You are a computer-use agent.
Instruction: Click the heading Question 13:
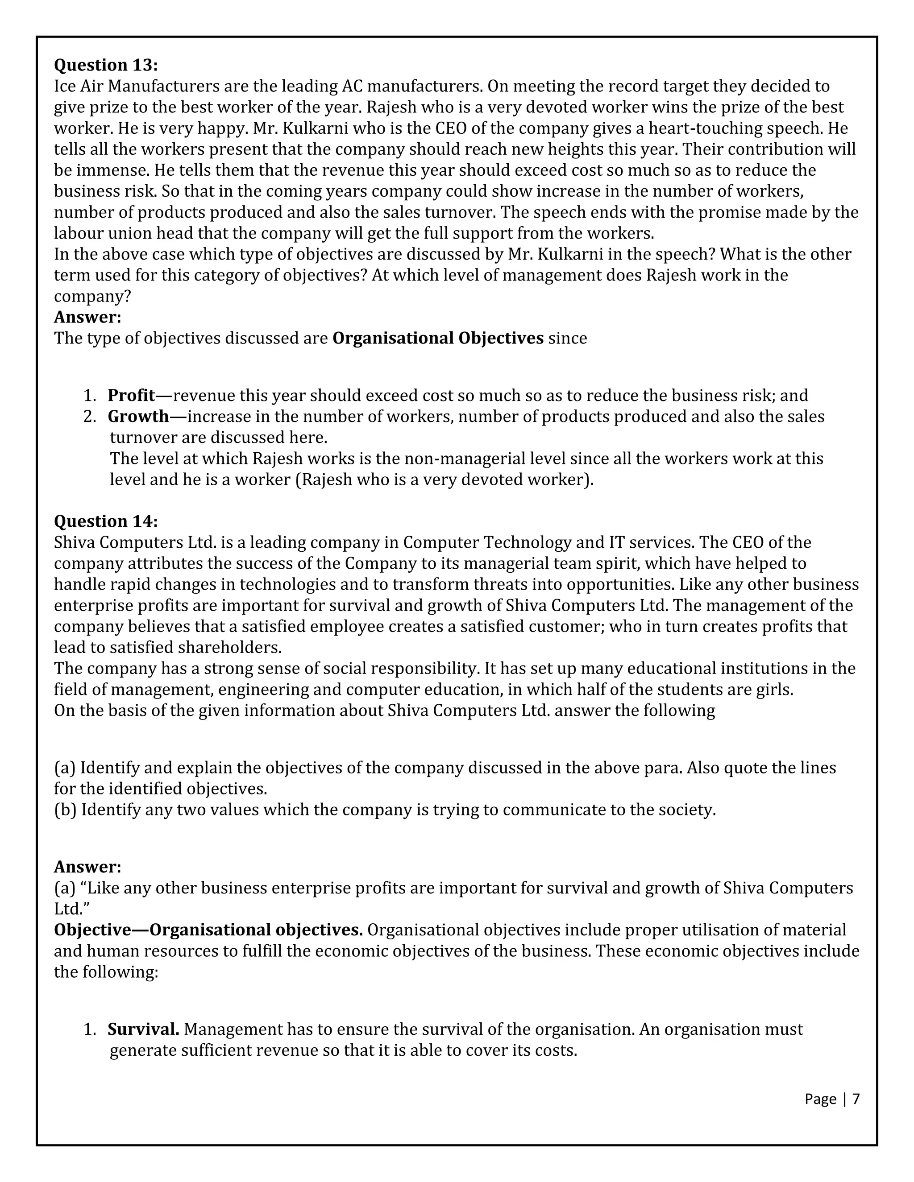click(106, 65)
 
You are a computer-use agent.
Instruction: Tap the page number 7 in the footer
click(856, 1099)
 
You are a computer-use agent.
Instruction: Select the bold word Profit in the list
click(132, 396)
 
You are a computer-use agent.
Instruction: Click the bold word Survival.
click(143, 1029)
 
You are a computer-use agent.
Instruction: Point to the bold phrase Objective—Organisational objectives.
click(208, 930)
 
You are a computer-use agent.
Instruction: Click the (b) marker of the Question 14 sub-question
click(65, 810)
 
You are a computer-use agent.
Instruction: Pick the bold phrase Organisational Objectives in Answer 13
click(437, 338)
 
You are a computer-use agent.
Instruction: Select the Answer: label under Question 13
click(88, 317)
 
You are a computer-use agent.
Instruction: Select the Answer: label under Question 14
click(88, 867)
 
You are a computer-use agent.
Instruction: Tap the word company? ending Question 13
click(92, 297)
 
